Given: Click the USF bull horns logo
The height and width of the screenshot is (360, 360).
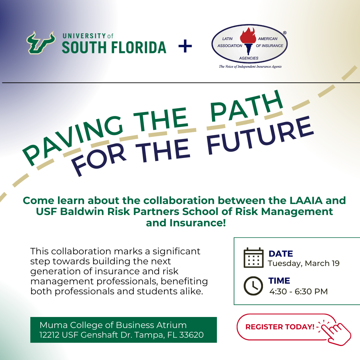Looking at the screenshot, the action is (x=41, y=43).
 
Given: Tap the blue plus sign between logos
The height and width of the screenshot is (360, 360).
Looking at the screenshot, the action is (x=185, y=46).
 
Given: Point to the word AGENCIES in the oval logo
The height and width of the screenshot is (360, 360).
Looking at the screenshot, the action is (x=249, y=58).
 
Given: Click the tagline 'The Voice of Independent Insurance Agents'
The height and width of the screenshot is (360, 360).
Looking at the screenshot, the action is (x=250, y=66).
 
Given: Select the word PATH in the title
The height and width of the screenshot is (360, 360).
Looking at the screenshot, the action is (x=246, y=106).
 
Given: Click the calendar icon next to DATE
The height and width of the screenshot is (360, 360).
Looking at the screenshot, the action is (x=253, y=258).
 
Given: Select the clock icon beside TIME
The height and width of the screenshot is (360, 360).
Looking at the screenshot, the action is (x=253, y=286).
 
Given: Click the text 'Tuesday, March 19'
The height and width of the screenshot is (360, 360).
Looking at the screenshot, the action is (x=304, y=263).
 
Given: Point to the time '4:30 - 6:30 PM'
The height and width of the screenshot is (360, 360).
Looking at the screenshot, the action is (x=298, y=291).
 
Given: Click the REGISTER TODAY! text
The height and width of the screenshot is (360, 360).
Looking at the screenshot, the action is (x=280, y=327).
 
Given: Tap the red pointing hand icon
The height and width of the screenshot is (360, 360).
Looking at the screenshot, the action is (x=335, y=332).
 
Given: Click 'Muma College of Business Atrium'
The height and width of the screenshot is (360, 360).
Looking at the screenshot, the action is (x=113, y=325).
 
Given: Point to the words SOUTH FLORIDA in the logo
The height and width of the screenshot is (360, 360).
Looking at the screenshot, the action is (x=114, y=48).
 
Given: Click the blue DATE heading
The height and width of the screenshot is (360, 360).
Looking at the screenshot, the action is (x=281, y=254).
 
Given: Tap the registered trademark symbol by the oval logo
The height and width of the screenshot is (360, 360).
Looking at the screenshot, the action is (x=285, y=33).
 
